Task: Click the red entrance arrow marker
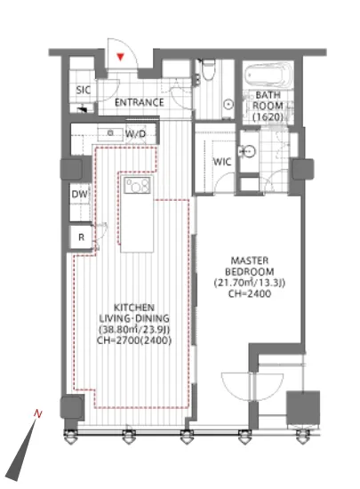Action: [x=120, y=57]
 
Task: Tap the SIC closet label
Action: [x=84, y=90]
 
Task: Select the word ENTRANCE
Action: [x=140, y=102]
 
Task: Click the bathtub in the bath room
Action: [x=269, y=76]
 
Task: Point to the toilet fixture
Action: [x=208, y=68]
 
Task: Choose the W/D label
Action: [x=136, y=134]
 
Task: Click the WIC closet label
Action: [x=222, y=162]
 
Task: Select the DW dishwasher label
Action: [x=79, y=195]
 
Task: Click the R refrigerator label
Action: [x=82, y=237]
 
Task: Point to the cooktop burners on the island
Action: [x=137, y=185]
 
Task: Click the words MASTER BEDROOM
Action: [x=250, y=266]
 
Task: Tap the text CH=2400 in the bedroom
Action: [x=250, y=293]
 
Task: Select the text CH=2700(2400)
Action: [x=134, y=341]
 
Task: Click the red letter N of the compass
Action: [x=38, y=413]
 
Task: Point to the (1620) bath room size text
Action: [x=268, y=117]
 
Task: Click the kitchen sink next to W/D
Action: [x=110, y=133]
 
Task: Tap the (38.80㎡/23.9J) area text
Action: [x=134, y=330]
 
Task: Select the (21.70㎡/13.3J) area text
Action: [x=250, y=283]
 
